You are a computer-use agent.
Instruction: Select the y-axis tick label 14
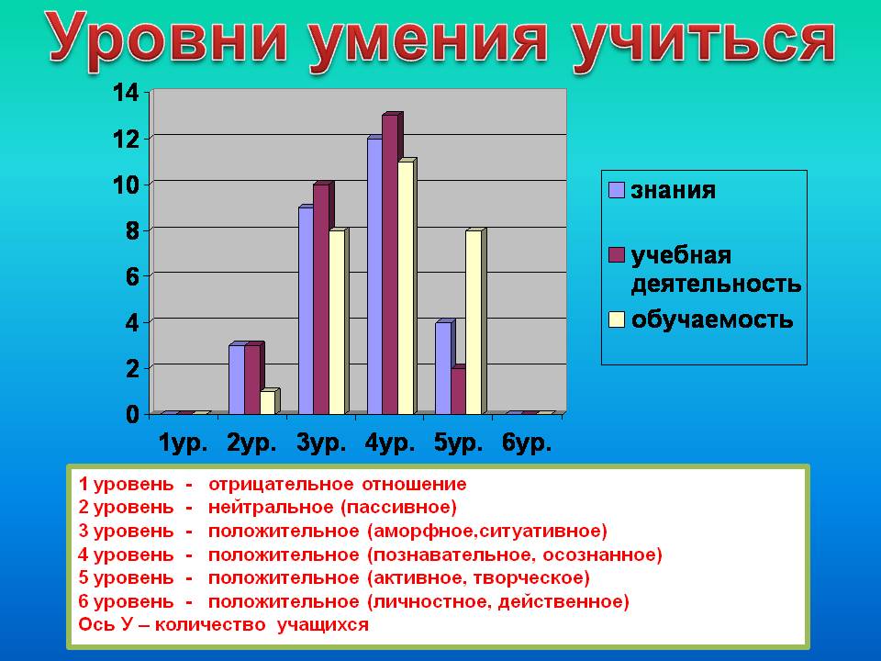coord(126,93)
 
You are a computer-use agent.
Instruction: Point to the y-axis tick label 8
coord(132,230)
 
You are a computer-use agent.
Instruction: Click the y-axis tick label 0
coord(132,415)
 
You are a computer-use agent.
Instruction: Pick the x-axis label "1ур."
coord(184,443)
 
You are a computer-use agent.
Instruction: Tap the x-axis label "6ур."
coord(527,443)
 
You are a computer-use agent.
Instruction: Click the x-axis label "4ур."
coord(390,443)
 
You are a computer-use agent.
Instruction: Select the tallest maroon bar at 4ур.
coord(392,264)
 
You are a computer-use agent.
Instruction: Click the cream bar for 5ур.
coord(475,322)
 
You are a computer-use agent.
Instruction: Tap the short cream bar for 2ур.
coord(269,402)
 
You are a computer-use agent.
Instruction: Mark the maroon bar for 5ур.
coord(459,391)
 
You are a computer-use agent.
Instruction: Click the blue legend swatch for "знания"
coord(617,190)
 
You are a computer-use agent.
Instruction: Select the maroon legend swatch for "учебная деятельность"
coord(617,254)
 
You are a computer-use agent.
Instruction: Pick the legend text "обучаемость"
coord(712,319)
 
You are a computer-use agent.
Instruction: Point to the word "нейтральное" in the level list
coord(272,507)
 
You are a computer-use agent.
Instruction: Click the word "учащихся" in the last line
coord(322,625)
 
